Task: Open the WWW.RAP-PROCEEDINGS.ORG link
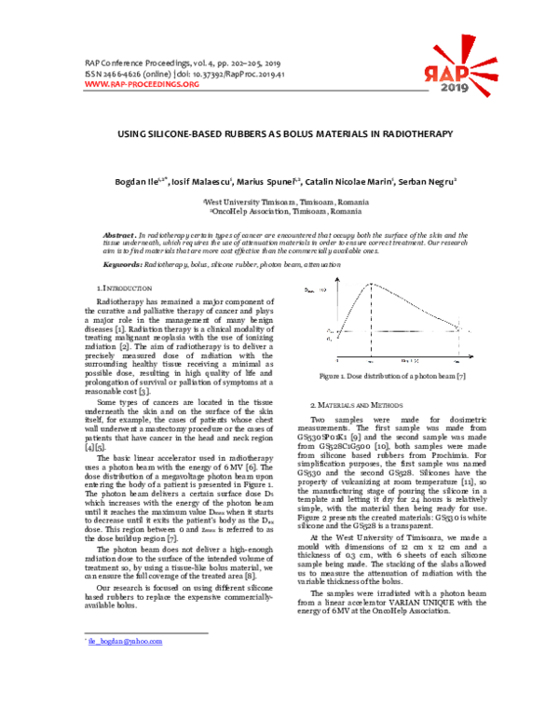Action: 142,84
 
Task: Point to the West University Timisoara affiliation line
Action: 279,202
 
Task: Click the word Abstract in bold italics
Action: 118,235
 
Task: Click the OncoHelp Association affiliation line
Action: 279,212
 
